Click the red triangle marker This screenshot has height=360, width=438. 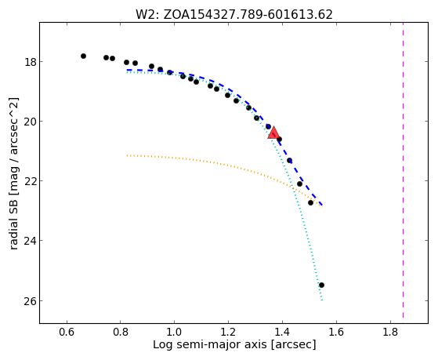(273, 133)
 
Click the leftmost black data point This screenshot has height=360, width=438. (83, 56)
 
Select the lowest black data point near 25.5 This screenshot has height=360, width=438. (321, 285)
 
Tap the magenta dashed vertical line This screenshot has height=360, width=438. (403, 170)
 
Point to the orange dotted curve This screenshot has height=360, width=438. (223, 165)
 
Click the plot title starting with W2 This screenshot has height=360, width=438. (234, 15)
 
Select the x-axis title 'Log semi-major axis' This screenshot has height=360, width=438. (234, 344)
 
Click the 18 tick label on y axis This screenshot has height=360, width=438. (31, 62)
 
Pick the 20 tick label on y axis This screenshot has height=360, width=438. (31, 122)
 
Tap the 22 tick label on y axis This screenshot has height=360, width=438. (31, 181)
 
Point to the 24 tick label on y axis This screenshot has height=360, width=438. (31, 241)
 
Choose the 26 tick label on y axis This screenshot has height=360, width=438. (31, 300)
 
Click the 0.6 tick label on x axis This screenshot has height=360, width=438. (67, 332)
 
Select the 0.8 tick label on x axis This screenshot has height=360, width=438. (121, 332)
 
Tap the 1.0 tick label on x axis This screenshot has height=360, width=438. (174, 332)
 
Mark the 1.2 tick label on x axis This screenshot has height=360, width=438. (228, 332)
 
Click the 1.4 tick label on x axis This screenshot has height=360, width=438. (282, 332)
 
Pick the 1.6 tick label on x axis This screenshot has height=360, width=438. (336, 332)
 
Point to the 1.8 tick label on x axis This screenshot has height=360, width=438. (390, 332)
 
